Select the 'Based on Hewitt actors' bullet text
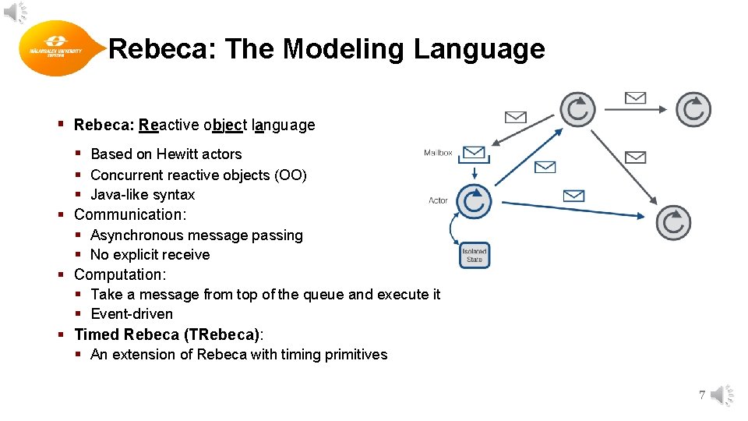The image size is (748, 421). pos(166,154)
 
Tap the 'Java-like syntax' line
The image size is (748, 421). pos(143,195)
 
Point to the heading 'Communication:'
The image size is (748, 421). pos(130,214)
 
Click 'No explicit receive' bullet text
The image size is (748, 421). pos(150,255)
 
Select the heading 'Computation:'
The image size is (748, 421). pos(120,274)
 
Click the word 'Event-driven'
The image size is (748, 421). pos(132,314)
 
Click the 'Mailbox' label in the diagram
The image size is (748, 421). pos(438,153)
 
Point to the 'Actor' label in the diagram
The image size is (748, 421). pos(439,200)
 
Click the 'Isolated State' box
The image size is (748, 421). pos(475,255)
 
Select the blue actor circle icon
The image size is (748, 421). pos(474,202)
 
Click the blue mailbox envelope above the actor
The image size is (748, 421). pos(474,152)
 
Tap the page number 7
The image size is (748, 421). pos(702,395)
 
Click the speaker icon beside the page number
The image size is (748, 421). pos(722,395)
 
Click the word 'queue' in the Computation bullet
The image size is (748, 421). pos(324,295)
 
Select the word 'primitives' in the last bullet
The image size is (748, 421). pos(355,355)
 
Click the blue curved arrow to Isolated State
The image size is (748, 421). pos(453,231)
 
